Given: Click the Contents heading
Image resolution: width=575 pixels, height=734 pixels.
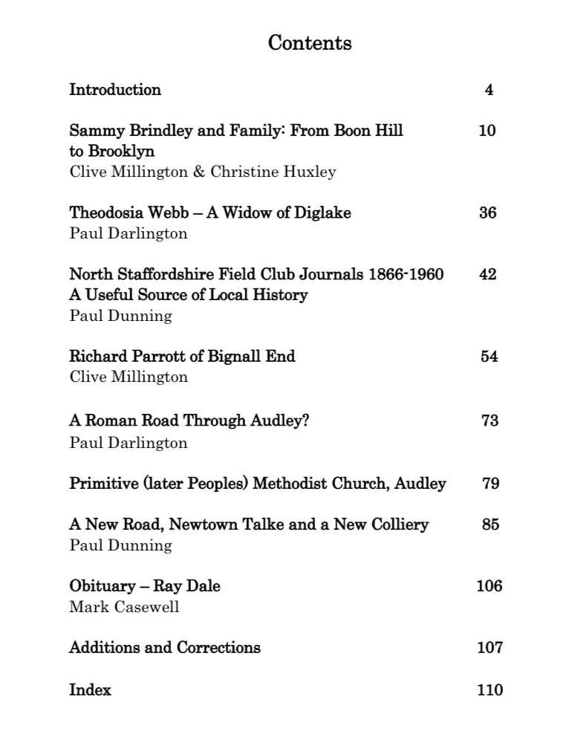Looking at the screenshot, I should [310, 43].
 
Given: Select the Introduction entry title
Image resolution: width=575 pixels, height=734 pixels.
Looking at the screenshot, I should [115, 90].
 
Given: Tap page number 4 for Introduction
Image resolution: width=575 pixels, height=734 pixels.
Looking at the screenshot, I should [489, 90].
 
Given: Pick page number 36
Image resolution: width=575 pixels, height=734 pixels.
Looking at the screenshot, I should [488, 212].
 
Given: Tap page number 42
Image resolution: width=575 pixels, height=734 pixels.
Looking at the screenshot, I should [488, 274].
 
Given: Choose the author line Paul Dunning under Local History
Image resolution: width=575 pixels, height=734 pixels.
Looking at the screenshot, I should [120, 316].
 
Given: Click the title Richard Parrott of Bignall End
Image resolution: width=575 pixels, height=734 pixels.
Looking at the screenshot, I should [182, 356].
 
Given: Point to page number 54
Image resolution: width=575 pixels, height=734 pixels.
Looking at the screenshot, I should [489, 356].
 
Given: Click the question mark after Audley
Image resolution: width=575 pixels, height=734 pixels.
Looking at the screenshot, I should [305, 420].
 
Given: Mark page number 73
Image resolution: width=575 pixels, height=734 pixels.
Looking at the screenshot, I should [490, 420].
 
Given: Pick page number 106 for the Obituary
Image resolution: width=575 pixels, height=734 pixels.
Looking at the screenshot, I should [489, 586].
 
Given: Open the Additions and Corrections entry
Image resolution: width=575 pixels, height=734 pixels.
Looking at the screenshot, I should [165, 647].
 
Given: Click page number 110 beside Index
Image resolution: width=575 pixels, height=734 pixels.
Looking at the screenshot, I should [490, 690].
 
